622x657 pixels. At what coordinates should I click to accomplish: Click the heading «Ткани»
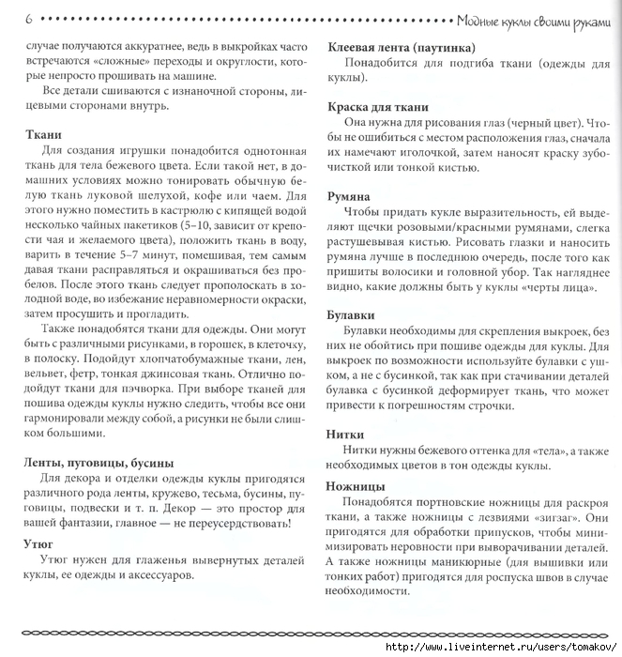(x=44, y=134)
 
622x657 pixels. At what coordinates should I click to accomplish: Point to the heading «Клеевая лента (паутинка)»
(x=399, y=47)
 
